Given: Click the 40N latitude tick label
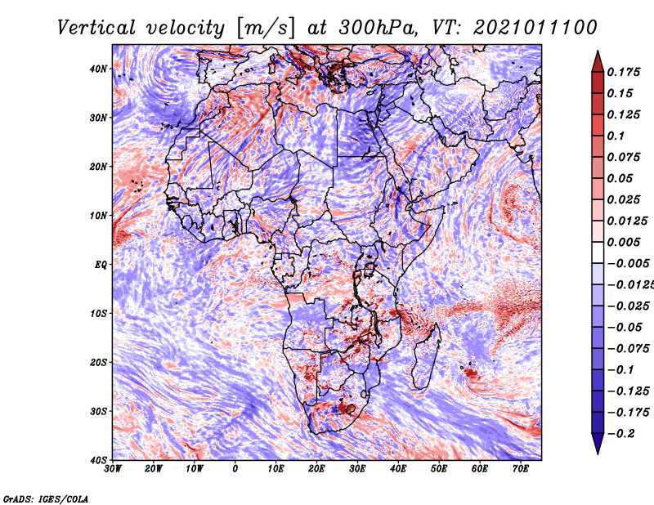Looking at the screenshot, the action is (98, 69).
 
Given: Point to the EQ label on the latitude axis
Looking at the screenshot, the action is (101, 265).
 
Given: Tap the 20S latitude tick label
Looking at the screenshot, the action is (98, 362).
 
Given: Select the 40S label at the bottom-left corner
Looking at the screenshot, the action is (98, 460).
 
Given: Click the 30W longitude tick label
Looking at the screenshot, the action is (113, 469).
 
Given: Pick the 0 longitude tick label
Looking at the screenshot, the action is (235, 469).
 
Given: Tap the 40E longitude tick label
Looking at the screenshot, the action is (398, 469).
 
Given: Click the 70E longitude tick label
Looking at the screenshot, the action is (521, 469).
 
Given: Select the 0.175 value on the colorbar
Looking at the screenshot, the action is (624, 73).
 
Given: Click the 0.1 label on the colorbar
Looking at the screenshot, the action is (616, 136).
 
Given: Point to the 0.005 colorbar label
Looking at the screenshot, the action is (624, 242).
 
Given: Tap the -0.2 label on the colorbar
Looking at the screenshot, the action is (620, 434).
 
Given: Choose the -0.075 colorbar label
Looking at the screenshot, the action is (628, 349).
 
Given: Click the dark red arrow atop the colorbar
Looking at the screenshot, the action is (598, 62).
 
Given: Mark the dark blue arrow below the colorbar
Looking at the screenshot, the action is (598, 444).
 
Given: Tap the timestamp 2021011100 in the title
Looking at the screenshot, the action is (535, 28).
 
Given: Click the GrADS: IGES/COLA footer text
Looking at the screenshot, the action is (46, 498).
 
